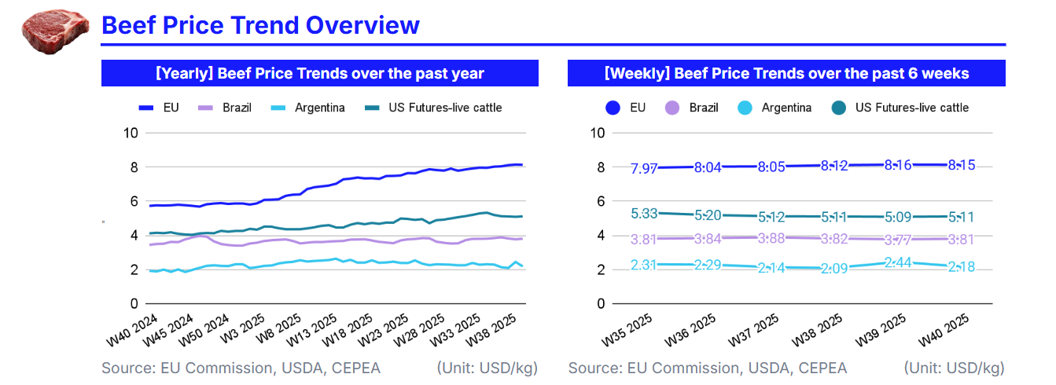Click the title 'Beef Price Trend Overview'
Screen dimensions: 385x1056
coord(260,25)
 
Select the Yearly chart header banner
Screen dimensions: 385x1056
coord(319,74)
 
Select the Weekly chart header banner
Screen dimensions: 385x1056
coord(786,74)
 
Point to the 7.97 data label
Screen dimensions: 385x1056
coord(645,168)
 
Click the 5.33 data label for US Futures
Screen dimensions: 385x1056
coord(645,213)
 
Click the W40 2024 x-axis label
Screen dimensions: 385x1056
coord(131,331)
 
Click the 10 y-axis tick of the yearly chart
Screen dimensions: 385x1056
coord(130,134)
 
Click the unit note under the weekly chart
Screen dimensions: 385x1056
coord(954,368)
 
